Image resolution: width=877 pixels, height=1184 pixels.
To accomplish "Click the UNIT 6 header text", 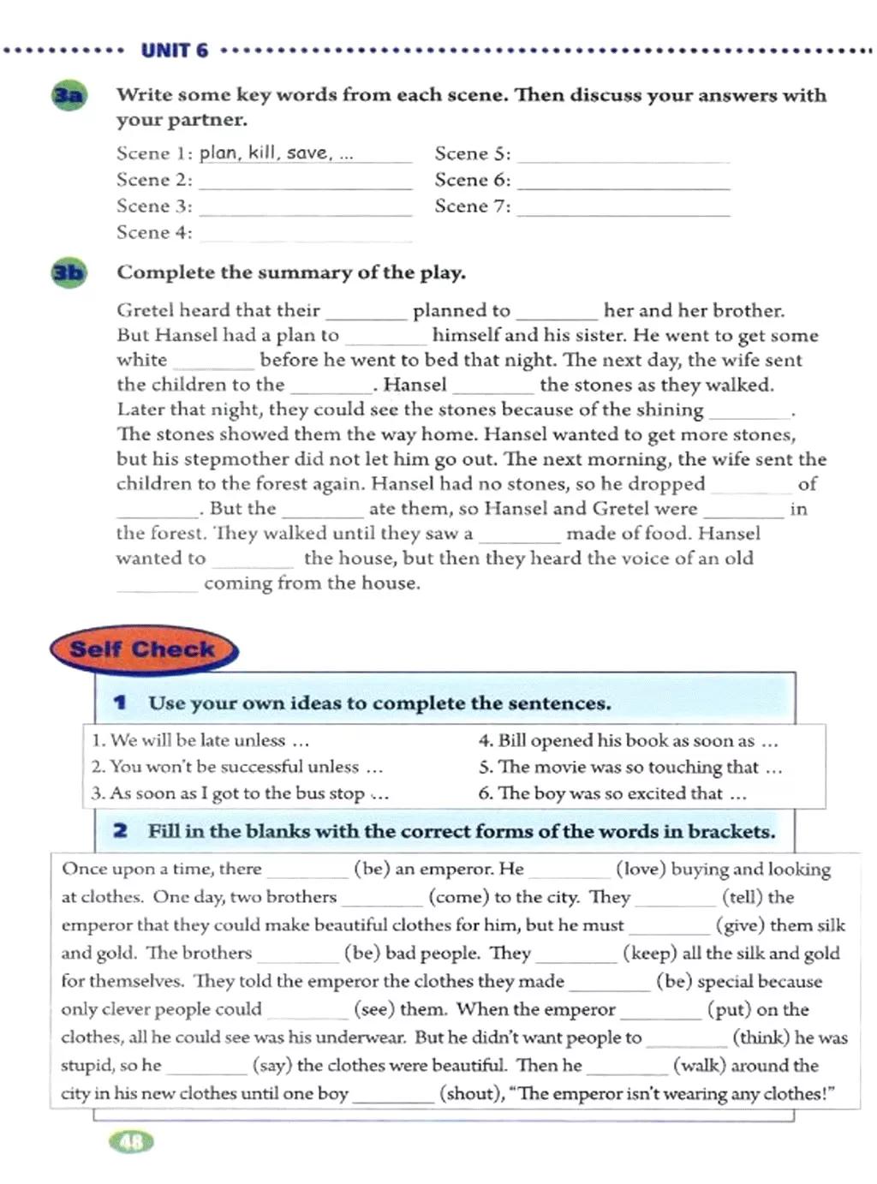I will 174,51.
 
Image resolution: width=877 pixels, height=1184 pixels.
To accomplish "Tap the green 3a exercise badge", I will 69,95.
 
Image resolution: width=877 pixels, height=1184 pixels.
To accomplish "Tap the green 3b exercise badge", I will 69,273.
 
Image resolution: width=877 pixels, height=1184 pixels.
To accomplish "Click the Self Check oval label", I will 142,649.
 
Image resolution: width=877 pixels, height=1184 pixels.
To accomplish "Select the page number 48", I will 132,1141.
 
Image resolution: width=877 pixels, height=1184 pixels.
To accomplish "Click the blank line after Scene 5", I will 623,156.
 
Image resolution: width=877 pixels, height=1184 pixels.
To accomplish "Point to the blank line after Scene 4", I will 306,235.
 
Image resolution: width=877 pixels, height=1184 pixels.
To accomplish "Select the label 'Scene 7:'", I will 472,206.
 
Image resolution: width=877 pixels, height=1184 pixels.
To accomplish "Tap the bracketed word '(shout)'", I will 470,1093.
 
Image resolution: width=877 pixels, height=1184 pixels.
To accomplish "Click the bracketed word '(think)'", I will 761,1037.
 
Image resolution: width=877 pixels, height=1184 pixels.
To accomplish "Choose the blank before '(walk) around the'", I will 627,1067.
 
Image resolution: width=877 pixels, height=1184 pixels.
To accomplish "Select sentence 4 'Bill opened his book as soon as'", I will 628,740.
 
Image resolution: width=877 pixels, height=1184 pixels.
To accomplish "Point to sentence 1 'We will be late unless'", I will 200,740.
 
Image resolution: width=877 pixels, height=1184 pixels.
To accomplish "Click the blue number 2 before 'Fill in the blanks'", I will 120,830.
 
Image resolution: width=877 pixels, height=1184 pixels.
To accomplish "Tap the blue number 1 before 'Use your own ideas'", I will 120,703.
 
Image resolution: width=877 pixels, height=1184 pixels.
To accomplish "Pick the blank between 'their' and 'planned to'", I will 367,313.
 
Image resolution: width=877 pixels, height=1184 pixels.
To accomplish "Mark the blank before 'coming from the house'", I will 158,586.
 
